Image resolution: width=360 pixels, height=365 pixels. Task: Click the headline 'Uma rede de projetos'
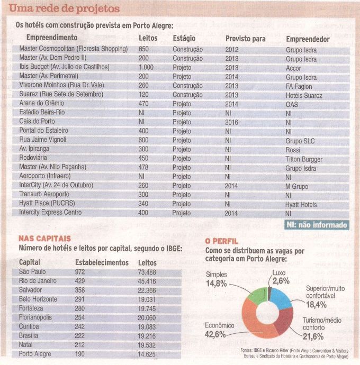(x=64, y=9)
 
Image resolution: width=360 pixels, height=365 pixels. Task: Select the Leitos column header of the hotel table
(x=148, y=38)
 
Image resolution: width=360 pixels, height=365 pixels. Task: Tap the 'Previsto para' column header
(x=245, y=39)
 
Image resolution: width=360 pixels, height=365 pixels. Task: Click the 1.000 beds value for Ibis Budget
(x=146, y=67)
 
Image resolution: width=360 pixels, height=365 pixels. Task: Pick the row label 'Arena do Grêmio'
(x=41, y=103)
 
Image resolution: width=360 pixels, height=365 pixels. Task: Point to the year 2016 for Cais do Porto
(x=231, y=122)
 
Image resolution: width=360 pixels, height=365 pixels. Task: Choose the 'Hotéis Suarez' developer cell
(x=304, y=96)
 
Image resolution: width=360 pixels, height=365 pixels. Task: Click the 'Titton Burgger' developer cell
(x=304, y=159)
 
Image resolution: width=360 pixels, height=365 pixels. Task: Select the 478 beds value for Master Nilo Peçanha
(x=143, y=167)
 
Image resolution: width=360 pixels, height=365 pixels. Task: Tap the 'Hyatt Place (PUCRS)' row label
(x=47, y=203)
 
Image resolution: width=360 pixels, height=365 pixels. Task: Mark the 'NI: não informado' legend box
(x=317, y=225)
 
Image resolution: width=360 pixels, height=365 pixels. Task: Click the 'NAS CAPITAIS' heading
(x=44, y=239)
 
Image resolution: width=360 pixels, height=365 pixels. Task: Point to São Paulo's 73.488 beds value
(x=147, y=272)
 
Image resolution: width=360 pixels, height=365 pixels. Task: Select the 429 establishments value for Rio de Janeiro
(x=80, y=281)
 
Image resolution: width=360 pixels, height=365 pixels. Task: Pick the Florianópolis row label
(x=35, y=317)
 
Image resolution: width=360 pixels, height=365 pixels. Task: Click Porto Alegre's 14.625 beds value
(x=147, y=354)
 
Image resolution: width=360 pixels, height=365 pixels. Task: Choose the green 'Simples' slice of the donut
(x=257, y=296)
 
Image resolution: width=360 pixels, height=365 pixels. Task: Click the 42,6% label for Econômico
(x=215, y=334)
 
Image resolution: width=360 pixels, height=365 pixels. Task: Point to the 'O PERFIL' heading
(x=222, y=241)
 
